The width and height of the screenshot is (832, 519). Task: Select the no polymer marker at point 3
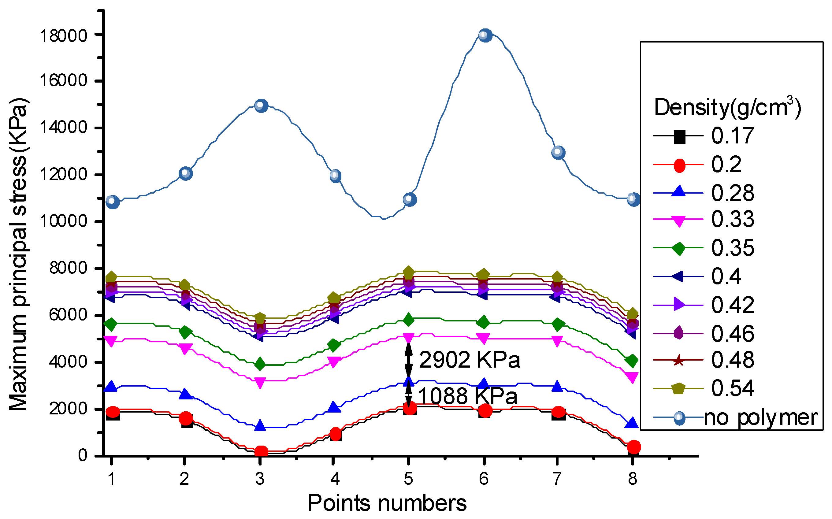pos(261,106)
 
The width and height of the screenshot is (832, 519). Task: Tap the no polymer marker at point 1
pos(113,202)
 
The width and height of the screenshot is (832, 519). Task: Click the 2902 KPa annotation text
pos(469,360)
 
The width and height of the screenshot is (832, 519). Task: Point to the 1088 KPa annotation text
pos(467,396)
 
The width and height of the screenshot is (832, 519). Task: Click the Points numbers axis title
pos(387,503)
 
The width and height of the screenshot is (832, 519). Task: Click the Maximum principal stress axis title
pos(19,254)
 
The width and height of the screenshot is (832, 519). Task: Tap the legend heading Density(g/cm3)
pos(727,107)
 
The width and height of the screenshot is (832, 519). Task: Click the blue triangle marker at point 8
pos(632,423)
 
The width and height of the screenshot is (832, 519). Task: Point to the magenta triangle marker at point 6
pos(484,339)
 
